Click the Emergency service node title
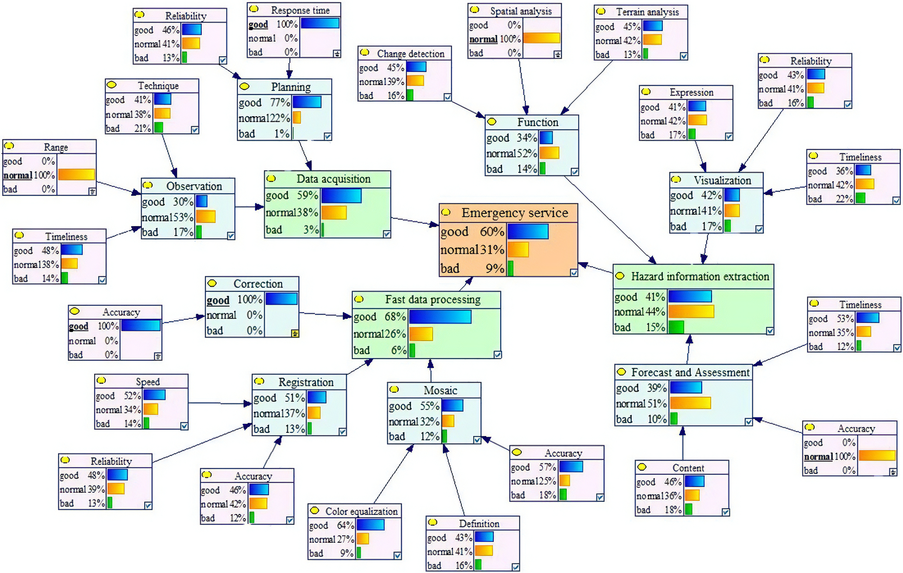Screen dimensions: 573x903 515,213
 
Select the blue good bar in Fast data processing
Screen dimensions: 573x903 440,317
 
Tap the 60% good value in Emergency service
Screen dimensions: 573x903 492,232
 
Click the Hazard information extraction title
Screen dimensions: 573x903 700,276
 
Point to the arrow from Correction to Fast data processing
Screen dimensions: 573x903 325,314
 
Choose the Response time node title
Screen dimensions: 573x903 300,10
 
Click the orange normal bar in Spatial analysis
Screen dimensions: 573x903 541,38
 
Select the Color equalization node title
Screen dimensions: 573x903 361,511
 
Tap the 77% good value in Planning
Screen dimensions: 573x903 280,103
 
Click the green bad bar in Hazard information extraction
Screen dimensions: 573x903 676,327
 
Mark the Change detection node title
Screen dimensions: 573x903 411,54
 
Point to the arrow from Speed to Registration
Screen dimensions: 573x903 220,403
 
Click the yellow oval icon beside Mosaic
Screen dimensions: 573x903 394,389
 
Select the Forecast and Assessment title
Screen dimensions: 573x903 690,372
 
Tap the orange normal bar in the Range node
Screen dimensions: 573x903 76,175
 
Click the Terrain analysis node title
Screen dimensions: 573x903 647,12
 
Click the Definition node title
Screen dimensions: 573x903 479,523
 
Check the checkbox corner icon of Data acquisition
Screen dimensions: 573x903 387,234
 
